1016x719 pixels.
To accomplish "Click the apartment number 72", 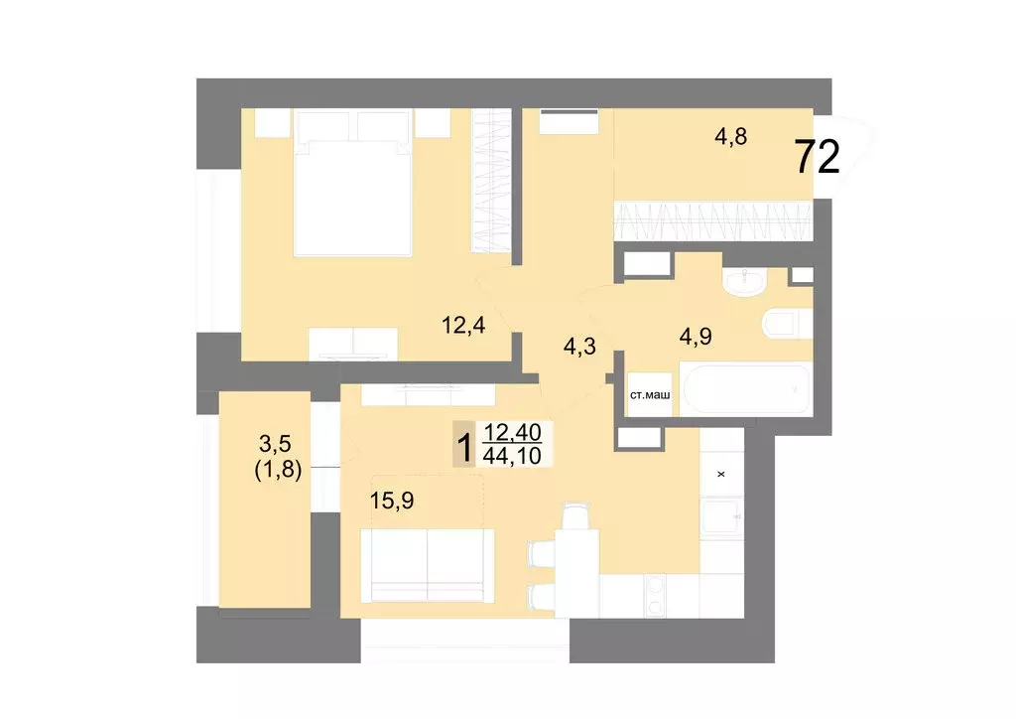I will (x=818, y=157).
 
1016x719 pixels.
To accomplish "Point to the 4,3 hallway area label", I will (x=580, y=347).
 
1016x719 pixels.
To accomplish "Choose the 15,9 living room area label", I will (x=392, y=501).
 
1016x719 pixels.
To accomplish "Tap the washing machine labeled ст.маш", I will (x=650, y=396).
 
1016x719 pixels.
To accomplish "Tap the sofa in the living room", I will (x=427, y=564).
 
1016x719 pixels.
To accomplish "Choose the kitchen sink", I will (x=721, y=516).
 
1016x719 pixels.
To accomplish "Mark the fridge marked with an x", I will (x=721, y=473).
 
